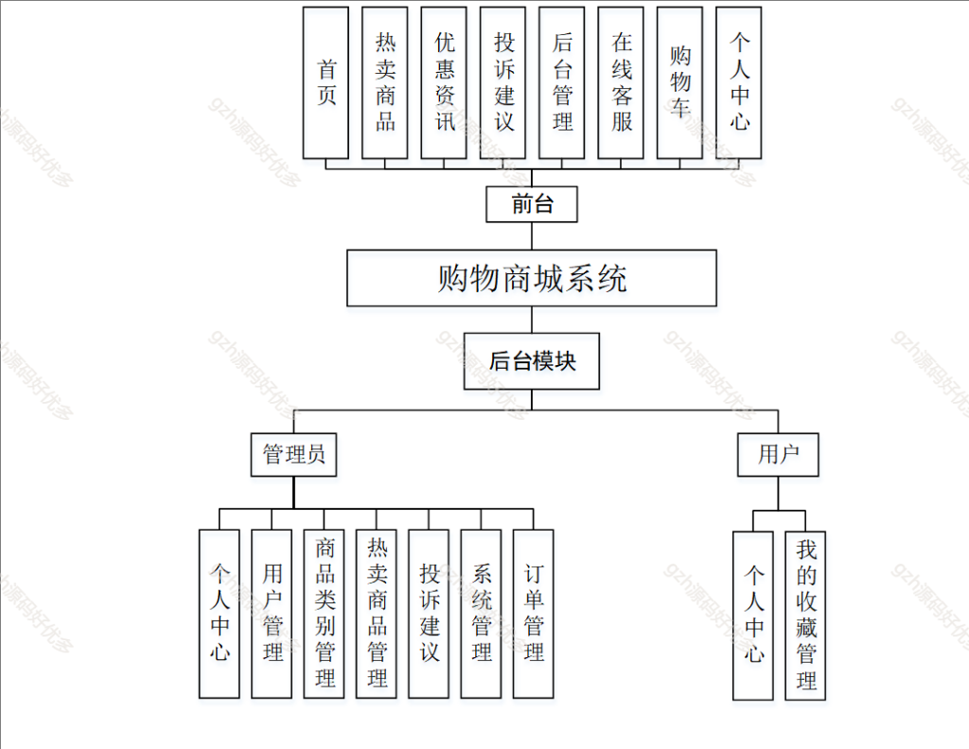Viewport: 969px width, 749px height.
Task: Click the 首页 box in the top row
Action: pyautogui.click(x=326, y=82)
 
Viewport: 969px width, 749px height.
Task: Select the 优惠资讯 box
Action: pyautogui.click(x=444, y=82)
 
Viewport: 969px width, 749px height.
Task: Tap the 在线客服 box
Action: pyautogui.click(x=621, y=82)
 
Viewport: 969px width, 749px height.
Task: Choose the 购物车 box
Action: pyautogui.click(x=679, y=82)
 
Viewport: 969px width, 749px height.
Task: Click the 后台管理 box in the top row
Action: pyautogui.click(x=562, y=82)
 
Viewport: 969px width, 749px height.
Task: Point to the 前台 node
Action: pyautogui.click(x=531, y=204)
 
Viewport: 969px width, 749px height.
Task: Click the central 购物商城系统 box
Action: pyautogui.click(x=531, y=278)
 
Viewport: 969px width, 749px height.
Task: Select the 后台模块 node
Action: pyautogui.click(x=531, y=360)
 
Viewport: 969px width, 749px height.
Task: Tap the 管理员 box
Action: pyautogui.click(x=293, y=455)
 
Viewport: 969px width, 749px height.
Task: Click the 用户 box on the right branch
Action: pyautogui.click(x=778, y=455)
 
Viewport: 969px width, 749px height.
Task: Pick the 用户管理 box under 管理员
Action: pyautogui.click(x=272, y=614)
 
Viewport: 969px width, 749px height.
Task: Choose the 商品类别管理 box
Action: pyautogui.click(x=325, y=614)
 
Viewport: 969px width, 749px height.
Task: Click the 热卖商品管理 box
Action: pyautogui.click(x=377, y=614)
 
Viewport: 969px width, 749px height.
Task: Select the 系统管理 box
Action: pyautogui.click(x=481, y=614)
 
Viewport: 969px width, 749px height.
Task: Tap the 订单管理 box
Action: pyautogui.click(x=533, y=614)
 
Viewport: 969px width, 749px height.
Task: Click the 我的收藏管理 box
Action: pyautogui.click(x=805, y=616)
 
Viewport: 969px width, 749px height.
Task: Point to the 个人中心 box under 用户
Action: pyautogui.click(x=753, y=616)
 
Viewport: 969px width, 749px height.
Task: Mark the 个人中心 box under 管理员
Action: pyautogui.click(x=220, y=614)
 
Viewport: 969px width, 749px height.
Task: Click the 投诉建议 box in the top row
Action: pyautogui.click(x=502, y=82)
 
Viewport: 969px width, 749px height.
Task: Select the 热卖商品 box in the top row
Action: pyautogui.click(x=384, y=82)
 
